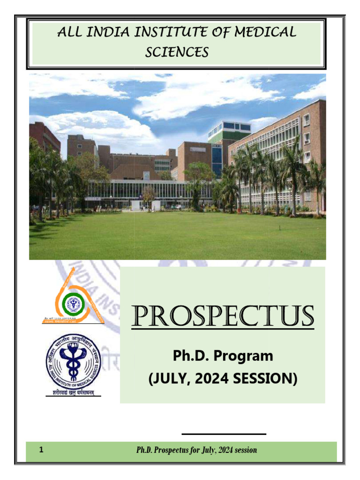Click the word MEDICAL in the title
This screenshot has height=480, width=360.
(268, 32)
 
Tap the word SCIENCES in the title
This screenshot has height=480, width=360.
(177, 52)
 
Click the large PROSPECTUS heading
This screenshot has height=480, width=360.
(223, 317)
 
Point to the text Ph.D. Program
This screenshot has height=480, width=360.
(223, 356)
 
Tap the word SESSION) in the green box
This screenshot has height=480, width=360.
(267, 378)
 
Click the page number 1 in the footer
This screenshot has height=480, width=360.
(42, 450)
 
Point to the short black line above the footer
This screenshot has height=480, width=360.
(224, 434)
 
